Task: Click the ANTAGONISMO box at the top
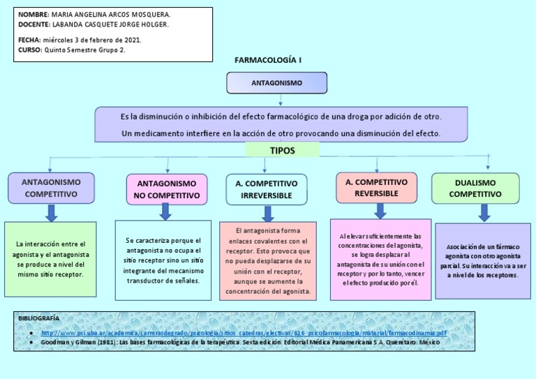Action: click(x=276, y=83)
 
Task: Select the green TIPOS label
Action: click(x=282, y=151)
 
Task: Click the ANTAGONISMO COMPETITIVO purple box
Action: click(x=51, y=188)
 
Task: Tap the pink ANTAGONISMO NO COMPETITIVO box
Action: click(x=167, y=189)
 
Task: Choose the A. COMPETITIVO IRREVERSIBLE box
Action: click(x=267, y=189)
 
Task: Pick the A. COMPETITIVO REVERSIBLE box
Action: click(x=376, y=187)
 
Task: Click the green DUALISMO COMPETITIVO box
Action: click(x=475, y=188)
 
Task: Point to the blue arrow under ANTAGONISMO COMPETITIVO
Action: click(x=51, y=212)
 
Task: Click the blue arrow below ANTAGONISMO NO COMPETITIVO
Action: click(x=165, y=211)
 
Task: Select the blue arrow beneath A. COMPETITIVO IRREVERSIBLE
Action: click(x=267, y=212)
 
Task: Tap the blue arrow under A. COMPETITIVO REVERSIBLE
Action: click(x=380, y=210)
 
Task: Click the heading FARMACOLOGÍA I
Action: click(x=268, y=61)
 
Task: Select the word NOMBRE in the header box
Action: click(x=33, y=15)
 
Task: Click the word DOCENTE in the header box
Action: click(x=33, y=24)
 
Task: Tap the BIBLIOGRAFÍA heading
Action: click(x=39, y=318)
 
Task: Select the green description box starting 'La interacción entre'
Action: click(x=51, y=259)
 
